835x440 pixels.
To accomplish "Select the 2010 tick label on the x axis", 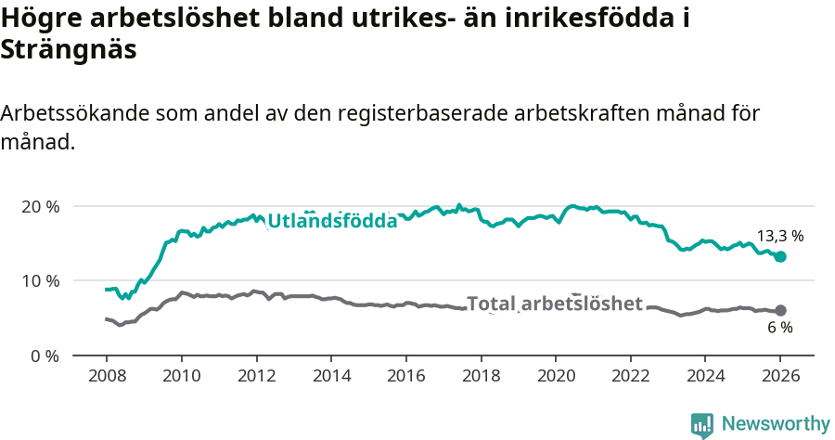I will point(181,378).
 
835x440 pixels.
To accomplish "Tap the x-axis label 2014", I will point(331,378).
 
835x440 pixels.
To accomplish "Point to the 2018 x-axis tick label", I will point(481,378).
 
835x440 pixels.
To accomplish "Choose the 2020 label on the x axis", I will point(556,378).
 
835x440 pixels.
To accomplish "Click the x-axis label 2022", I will point(631,378).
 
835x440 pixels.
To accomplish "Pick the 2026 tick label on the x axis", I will point(780,378).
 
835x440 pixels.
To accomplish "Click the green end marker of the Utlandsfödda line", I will point(780,256).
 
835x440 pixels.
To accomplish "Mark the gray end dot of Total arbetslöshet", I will point(780,311).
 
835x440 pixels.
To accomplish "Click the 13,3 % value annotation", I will point(780,236).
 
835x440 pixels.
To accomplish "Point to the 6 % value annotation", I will point(780,328).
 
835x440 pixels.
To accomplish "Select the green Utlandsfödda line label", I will point(332,221).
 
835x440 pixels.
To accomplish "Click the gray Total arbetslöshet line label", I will point(555,304).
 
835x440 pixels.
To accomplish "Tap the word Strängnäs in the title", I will point(69,50).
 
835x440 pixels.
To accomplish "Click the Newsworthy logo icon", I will point(702,425).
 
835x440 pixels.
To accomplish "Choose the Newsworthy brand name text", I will point(775,424).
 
